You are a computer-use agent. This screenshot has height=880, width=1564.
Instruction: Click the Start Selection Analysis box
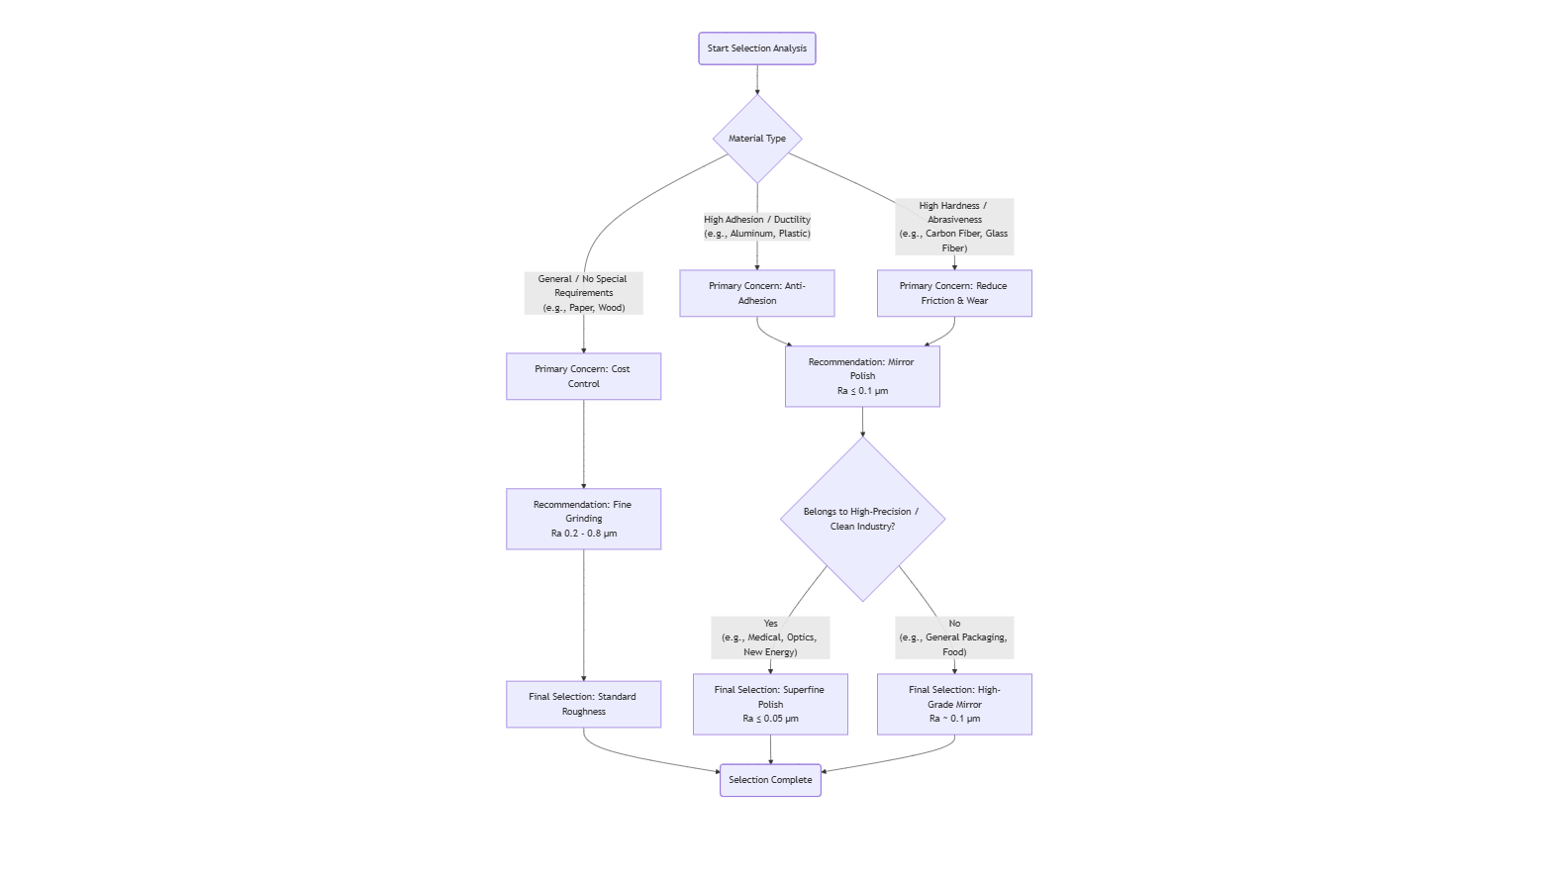[x=756, y=49]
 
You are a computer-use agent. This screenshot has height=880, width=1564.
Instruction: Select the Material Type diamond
[x=757, y=139]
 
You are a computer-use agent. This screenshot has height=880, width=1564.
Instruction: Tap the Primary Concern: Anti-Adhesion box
[x=757, y=293]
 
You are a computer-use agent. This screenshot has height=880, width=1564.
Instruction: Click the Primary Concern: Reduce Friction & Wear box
[x=954, y=293]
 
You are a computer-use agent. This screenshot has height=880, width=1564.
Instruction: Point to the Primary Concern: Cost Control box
[x=583, y=376]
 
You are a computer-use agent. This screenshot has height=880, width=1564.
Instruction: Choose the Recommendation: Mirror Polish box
[x=862, y=376]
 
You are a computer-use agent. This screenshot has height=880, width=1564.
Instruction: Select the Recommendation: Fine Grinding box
[x=583, y=519]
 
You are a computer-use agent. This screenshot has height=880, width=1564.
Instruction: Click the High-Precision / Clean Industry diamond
[x=862, y=519]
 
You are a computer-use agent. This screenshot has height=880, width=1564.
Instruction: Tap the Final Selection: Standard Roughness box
[x=583, y=704]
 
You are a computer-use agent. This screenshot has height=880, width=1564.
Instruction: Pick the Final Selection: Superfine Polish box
[x=770, y=704]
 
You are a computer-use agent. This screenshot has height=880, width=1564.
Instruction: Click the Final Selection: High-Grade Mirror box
[x=954, y=704]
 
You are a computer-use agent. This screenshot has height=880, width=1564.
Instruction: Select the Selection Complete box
[x=770, y=780]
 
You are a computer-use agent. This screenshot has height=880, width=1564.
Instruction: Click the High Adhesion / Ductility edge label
[x=757, y=227]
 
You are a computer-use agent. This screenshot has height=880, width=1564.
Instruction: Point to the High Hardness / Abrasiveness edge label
[x=954, y=227]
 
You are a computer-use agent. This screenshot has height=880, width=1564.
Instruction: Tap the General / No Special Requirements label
[x=583, y=293]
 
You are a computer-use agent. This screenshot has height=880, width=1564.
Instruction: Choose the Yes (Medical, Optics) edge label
[x=770, y=637]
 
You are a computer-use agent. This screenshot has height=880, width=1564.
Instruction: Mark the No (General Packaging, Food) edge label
[x=954, y=637]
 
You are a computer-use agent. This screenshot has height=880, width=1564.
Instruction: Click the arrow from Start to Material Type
[x=757, y=79]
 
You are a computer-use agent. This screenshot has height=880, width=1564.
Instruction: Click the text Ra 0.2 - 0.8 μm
[x=583, y=534]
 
